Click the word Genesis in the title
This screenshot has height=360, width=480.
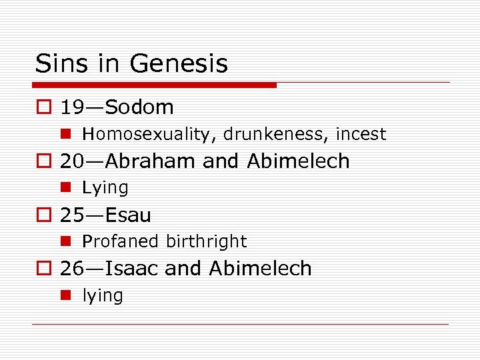tap(179, 64)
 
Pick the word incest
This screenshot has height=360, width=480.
tap(361, 134)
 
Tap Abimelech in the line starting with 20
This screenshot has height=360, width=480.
tap(298, 161)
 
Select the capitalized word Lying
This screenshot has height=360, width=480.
tap(105, 188)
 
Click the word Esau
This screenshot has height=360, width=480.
tap(128, 215)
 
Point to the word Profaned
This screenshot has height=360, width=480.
tap(121, 241)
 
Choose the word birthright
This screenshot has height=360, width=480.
tap(206, 241)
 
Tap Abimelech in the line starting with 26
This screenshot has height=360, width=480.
tap(260, 268)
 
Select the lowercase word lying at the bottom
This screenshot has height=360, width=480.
tap(103, 295)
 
